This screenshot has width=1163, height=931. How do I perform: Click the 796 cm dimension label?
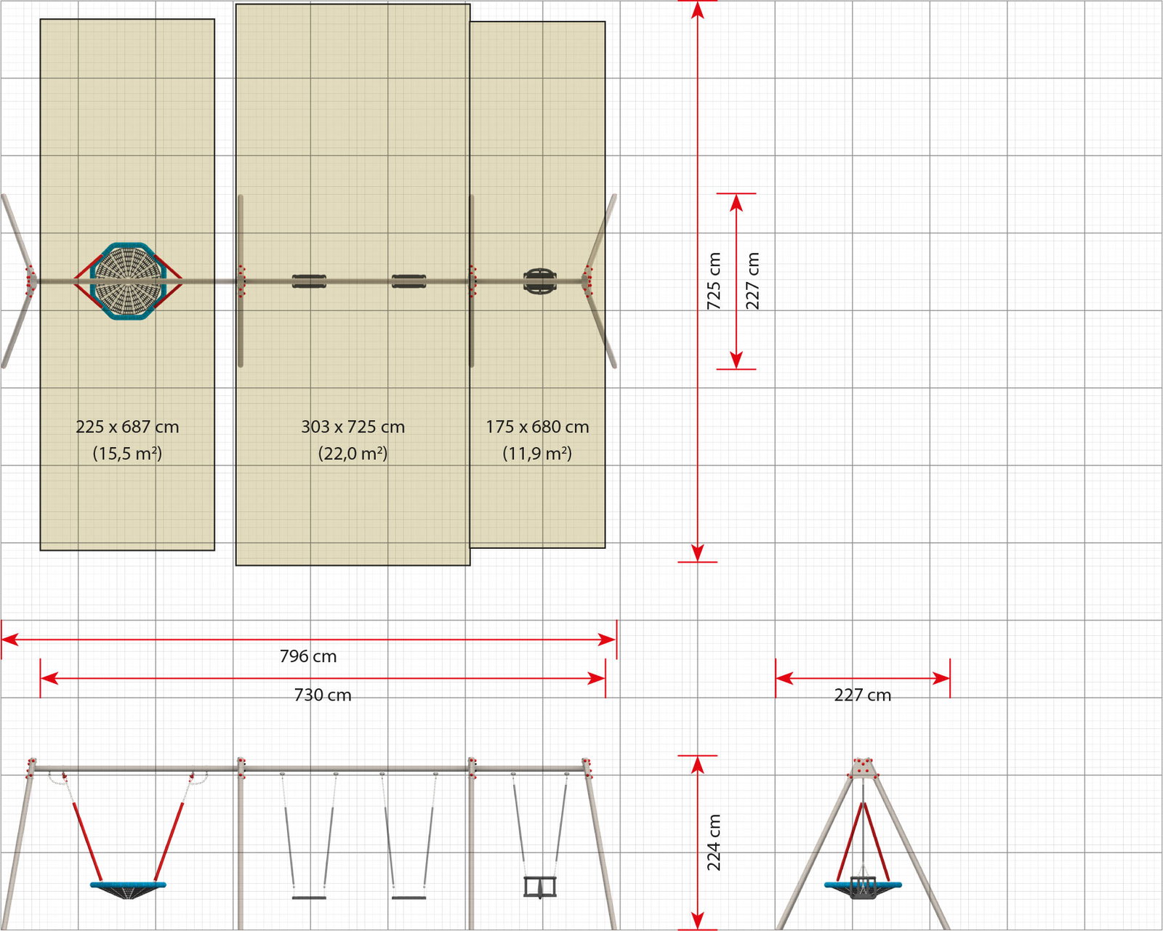(308, 656)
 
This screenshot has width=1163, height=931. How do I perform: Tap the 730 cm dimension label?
(323, 695)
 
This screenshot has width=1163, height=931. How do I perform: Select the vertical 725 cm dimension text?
(714, 281)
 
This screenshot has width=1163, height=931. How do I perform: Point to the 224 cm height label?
(714, 842)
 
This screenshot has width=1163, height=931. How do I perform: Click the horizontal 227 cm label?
(863, 695)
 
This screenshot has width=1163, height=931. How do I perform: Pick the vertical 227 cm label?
(752, 281)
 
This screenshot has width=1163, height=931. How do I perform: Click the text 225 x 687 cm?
(127, 427)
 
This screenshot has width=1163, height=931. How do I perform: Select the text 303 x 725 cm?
(353, 427)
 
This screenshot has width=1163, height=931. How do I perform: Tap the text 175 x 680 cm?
(537, 427)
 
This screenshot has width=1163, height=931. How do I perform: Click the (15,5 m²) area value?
(127, 453)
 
